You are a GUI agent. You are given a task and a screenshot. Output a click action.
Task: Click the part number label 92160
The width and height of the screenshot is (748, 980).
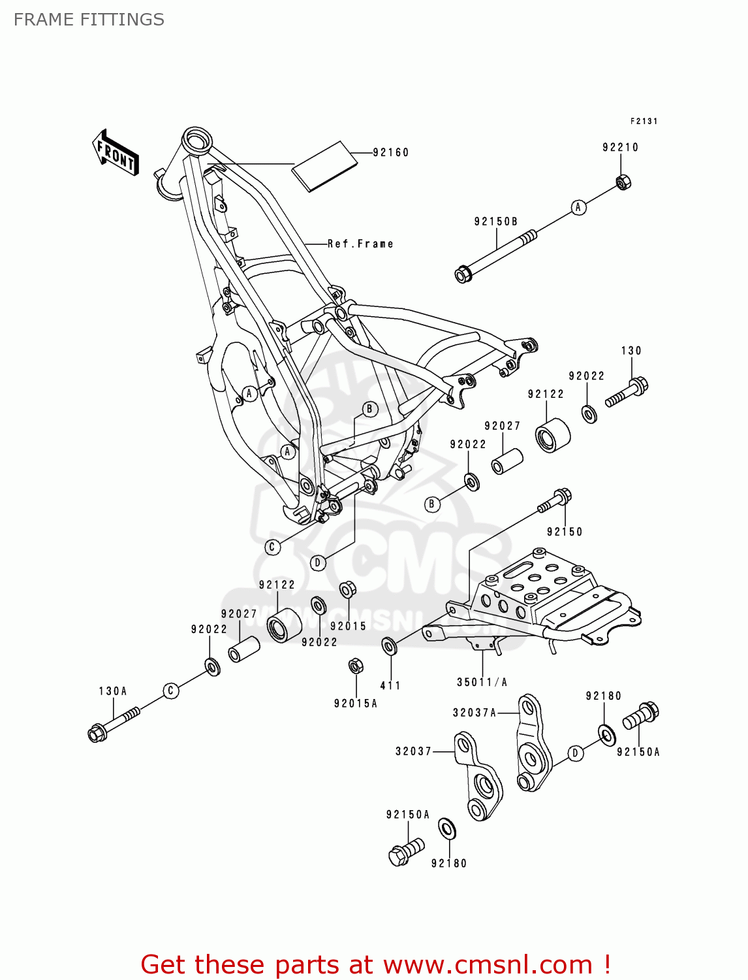(x=390, y=153)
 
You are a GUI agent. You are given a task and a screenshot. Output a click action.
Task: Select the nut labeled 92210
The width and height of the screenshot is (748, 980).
(x=623, y=182)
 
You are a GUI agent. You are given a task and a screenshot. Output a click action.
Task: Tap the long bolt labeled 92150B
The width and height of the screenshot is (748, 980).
(x=496, y=255)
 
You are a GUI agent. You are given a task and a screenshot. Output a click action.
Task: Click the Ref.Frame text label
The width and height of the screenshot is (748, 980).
(x=360, y=244)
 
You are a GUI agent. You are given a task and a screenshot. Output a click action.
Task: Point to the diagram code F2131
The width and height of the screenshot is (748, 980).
(x=644, y=122)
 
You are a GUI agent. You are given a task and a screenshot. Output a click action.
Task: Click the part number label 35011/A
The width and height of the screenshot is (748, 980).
(x=482, y=682)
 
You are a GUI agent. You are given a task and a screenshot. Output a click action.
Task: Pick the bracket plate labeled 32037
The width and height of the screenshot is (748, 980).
(x=480, y=776)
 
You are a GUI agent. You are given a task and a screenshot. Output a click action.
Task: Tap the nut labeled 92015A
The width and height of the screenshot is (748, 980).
(x=355, y=666)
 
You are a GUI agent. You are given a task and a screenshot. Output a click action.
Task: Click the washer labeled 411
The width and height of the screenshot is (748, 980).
(x=389, y=647)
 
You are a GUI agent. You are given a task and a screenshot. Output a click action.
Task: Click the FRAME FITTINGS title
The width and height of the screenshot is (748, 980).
(x=89, y=20)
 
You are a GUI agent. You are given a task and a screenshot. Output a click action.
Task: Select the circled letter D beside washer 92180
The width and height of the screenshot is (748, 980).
(x=574, y=753)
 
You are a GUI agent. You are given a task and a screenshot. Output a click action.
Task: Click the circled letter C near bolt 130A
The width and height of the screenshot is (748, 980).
(x=171, y=691)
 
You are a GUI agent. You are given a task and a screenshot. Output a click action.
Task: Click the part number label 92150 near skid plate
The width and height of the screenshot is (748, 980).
(x=565, y=532)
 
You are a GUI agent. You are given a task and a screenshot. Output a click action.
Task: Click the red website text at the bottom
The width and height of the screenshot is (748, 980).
(x=375, y=964)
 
